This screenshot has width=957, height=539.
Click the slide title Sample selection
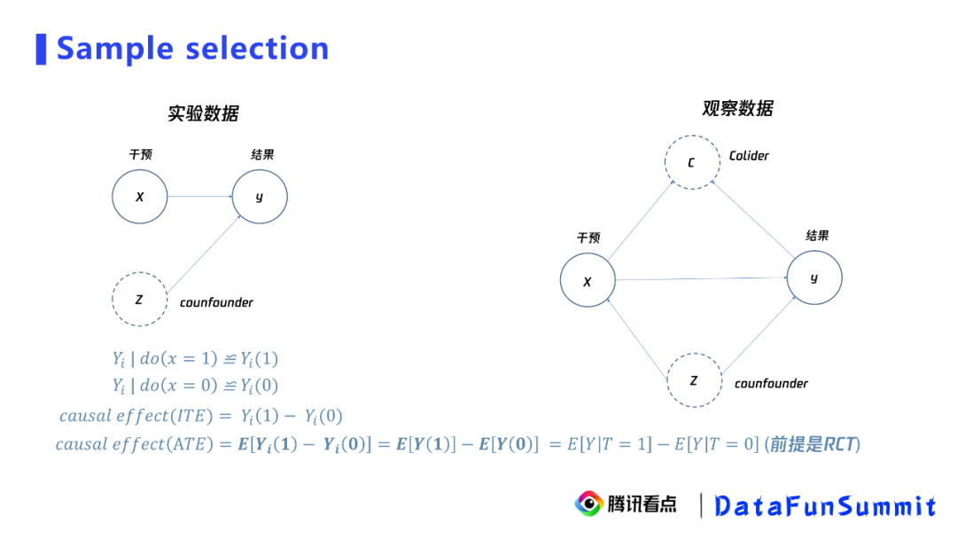(x=192, y=48)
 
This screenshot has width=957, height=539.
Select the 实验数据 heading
(x=203, y=113)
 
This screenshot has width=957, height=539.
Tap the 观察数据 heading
(x=737, y=108)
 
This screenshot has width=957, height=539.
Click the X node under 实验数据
(x=140, y=196)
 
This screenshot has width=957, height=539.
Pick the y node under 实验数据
(x=260, y=196)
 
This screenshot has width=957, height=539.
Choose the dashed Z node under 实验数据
(x=140, y=300)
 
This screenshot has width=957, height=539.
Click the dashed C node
(x=692, y=162)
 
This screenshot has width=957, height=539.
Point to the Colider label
(x=749, y=156)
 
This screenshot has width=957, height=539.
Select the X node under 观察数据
(x=587, y=281)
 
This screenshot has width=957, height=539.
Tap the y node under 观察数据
(x=813, y=278)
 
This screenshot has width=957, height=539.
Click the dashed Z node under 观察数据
(x=693, y=380)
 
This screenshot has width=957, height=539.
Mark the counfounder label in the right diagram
(x=771, y=384)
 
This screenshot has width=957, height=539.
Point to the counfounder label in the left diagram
(x=216, y=302)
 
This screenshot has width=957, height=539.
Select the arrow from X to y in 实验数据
(x=199, y=196)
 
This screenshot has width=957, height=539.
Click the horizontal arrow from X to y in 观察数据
(x=700, y=279)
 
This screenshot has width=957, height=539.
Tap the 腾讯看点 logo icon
(x=587, y=504)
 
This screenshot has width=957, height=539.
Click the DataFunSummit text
(x=824, y=506)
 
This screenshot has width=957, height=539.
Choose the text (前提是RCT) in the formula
(x=812, y=444)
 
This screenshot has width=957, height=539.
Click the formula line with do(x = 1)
(x=195, y=359)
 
